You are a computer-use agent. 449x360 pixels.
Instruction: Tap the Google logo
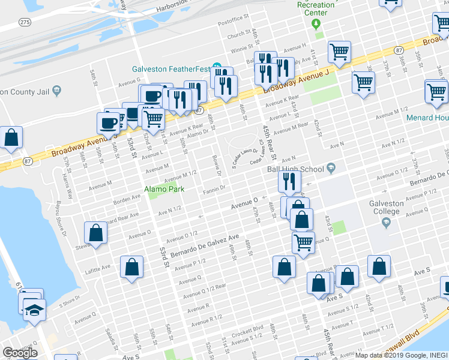20,353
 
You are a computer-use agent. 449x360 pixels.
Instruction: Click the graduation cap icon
34,310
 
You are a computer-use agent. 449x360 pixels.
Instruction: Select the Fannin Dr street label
213,190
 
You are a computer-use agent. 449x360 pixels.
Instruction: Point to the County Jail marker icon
56,91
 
